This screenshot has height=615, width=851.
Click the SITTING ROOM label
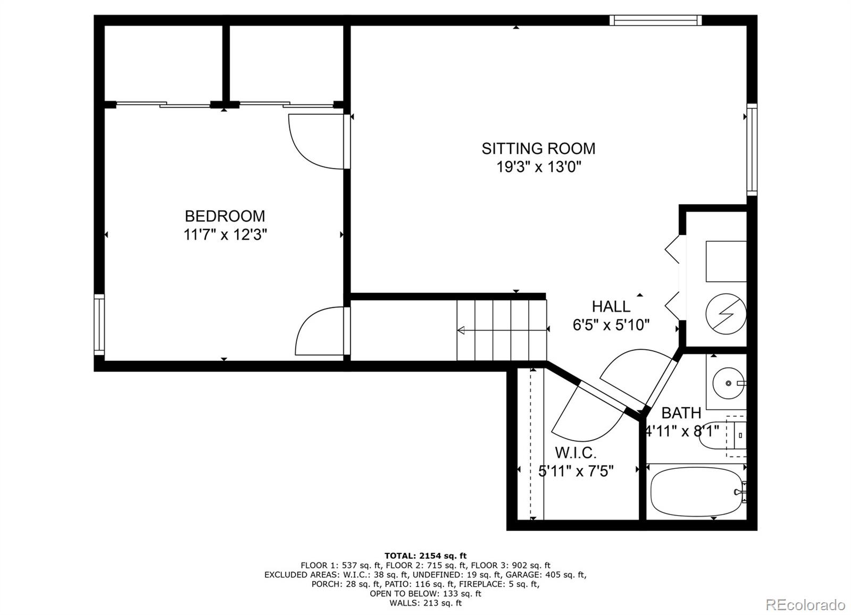click(538, 148)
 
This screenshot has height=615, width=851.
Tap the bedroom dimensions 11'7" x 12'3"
click(226, 234)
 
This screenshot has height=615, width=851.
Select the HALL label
click(611, 306)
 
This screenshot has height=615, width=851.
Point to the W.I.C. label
click(575, 452)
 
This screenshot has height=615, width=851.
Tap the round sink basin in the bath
click(728, 383)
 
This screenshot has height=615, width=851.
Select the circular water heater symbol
click(726, 314)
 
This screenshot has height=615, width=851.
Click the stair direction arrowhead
click(461, 330)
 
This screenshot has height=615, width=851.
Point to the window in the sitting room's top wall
click(656, 20)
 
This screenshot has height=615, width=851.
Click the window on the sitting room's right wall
click(752, 149)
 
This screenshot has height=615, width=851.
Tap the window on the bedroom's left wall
click(99, 325)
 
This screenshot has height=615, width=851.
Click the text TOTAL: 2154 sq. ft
click(425, 556)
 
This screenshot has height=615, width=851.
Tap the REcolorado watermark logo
click(805, 604)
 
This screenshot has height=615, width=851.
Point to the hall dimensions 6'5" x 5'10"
click(611, 325)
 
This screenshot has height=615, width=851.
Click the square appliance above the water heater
click(726, 261)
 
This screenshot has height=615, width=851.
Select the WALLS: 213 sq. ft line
click(425, 603)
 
